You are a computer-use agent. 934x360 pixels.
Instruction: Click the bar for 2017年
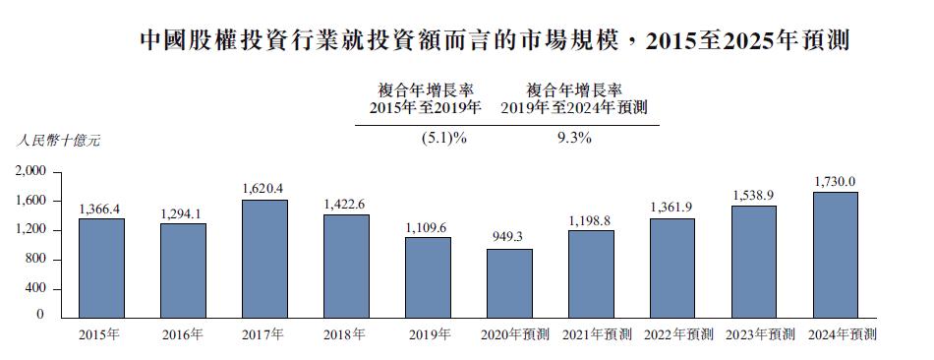(264, 259)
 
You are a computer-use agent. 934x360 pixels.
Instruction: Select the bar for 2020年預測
(509, 283)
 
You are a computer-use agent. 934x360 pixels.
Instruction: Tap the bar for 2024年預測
(835, 255)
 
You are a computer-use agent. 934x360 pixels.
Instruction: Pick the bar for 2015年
(101, 268)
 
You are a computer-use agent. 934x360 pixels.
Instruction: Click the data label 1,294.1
(183, 213)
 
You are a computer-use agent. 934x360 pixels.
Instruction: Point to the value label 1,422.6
(346, 204)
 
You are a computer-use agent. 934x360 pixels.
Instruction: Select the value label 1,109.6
(428, 227)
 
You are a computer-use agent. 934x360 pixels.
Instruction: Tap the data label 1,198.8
(591, 220)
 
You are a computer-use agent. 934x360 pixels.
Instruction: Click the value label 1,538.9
(753, 196)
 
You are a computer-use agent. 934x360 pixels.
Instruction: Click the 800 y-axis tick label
(35, 260)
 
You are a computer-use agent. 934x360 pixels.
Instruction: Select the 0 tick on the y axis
(41, 316)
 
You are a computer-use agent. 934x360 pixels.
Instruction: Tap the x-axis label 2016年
(183, 335)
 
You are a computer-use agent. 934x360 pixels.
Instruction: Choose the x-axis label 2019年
(428, 335)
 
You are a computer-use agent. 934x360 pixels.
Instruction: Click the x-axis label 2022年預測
(678, 335)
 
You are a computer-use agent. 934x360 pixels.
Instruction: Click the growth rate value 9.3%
(573, 139)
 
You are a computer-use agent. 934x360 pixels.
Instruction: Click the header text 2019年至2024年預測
(573, 107)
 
